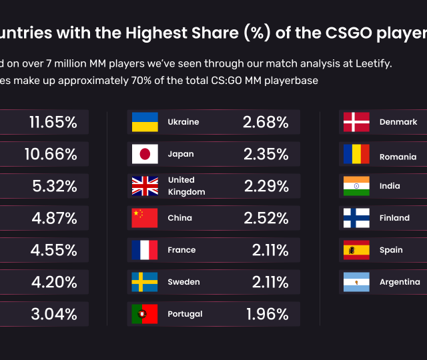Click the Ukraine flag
click(x=144, y=122)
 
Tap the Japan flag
click(x=144, y=154)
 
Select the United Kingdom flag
click(x=144, y=186)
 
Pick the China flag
click(x=144, y=218)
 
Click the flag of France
click(x=144, y=250)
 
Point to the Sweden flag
click(x=144, y=282)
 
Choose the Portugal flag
click(x=144, y=314)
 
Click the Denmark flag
click(x=356, y=122)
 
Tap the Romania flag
click(x=356, y=154)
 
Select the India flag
click(x=356, y=186)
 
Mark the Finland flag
click(x=356, y=218)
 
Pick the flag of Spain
click(x=356, y=250)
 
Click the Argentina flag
click(x=356, y=282)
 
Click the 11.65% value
click(x=53, y=123)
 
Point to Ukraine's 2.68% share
click(x=266, y=123)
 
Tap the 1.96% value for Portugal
click(x=267, y=314)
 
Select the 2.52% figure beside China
click(x=266, y=218)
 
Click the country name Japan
click(x=181, y=154)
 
